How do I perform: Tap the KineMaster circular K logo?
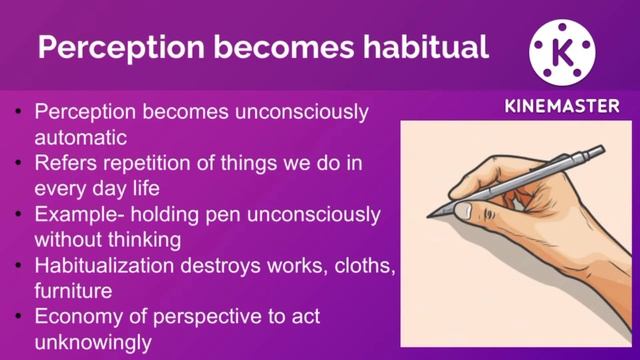click(561, 48)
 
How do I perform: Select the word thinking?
click(142, 238)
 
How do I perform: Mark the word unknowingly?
click(92, 343)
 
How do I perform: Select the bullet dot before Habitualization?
click(20, 265)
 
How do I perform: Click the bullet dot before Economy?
click(20, 317)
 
